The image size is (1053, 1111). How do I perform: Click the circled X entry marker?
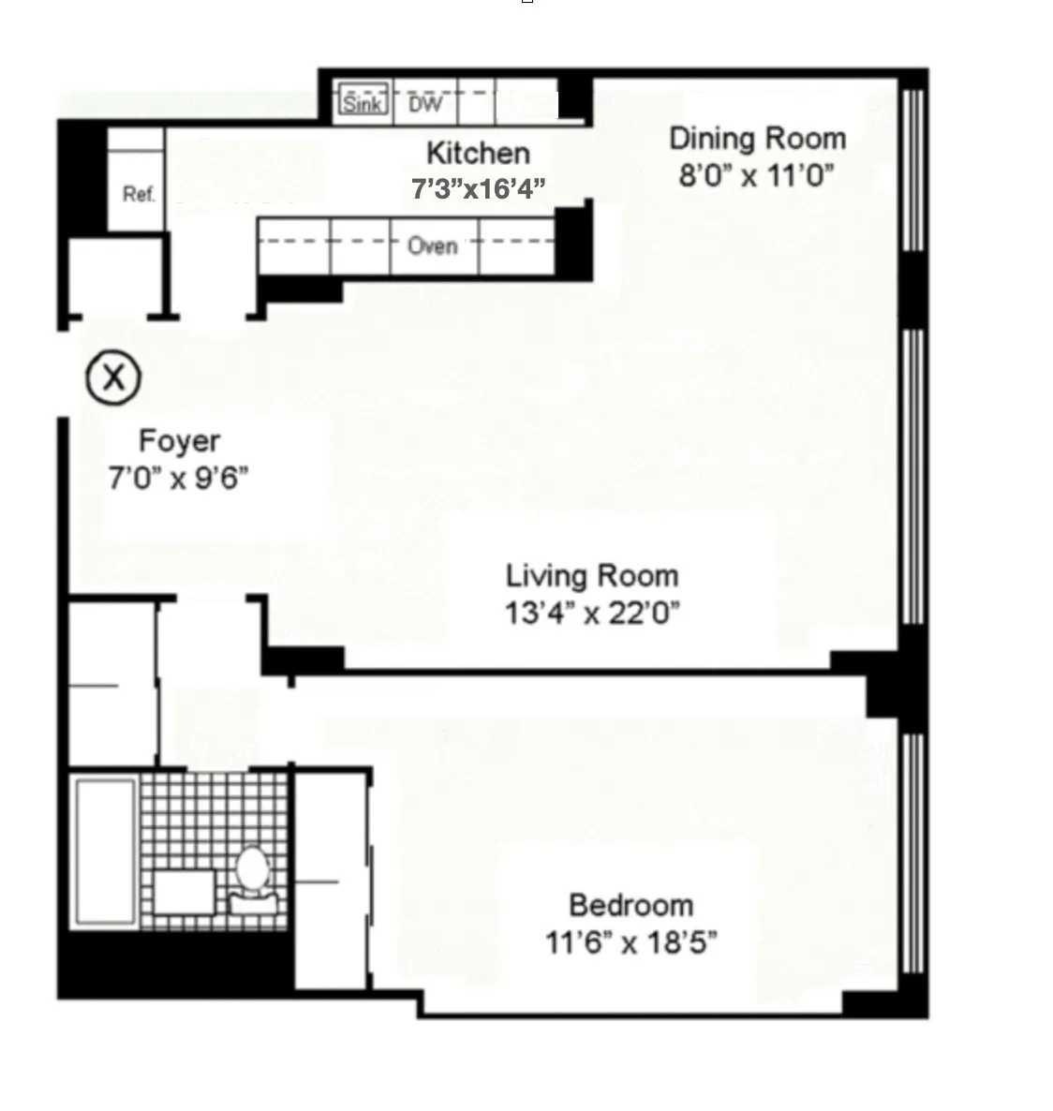(x=113, y=378)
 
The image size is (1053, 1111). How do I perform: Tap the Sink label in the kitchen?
(x=361, y=102)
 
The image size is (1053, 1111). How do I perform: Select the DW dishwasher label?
(x=424, y=103)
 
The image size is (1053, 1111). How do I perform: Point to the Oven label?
(x=432, y=246)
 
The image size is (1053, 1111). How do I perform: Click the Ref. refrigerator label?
(x=138, y=195)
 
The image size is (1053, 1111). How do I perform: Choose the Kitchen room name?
(x=478, y=153)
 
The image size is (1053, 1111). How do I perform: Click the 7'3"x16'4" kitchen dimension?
(x=478, y=189)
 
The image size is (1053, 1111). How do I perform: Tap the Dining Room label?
(x=757, y=139)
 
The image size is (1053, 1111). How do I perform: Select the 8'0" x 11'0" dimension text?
(x=757, y=175)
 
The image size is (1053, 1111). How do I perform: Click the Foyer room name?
(x=179, y=441)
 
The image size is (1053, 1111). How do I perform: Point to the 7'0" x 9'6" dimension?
(x=179, y=479)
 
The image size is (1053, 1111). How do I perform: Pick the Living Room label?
(x=592, y=575)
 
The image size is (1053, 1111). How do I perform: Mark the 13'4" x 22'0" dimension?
(x=592, y=614)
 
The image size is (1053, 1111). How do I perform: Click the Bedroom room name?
(x=631, y=906)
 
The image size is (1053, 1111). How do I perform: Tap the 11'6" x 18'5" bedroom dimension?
(x=631, y=942)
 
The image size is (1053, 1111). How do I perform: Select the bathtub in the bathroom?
(x=105, y=850)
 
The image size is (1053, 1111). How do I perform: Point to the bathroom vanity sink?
(x=184, y=892)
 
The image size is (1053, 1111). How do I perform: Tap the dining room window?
(x=913, y=169)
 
